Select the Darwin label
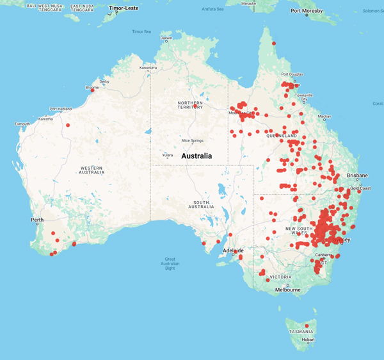coord(166,38)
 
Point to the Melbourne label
coord(287,290)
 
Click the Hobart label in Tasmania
coord(309,340)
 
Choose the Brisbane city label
coord(357,175)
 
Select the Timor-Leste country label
coord(124,8)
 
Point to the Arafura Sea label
coord(212,9)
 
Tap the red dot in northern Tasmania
coord(307,326)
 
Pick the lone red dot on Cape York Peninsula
coord(274,44)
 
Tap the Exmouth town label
coord(22,124)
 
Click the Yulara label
coord(168,154)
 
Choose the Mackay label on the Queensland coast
coord(324,117)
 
